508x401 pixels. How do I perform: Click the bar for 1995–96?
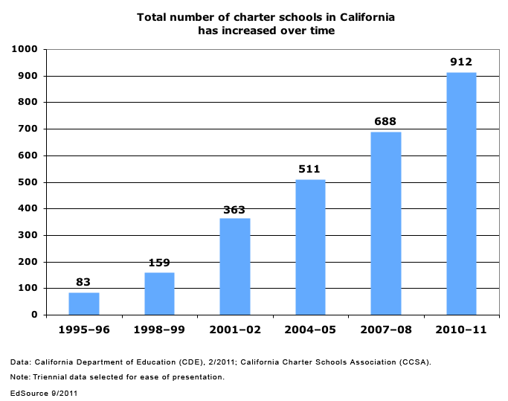click(x=84, y=304)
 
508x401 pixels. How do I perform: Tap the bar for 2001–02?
click(x=235, y=266)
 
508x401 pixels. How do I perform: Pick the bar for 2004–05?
click(x=310, y=247)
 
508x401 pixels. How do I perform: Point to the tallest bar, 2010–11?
click(x=461, y=193)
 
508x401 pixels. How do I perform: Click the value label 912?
click(x=461, y=62)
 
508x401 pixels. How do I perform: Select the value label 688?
click(x=385, y=121)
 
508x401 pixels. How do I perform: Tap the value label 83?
click(x=84, y=282)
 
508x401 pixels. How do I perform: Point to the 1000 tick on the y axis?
click(x=25, y=49)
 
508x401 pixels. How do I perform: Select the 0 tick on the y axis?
click(x=33, y=315)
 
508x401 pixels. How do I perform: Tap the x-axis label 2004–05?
click(x=310, y=330)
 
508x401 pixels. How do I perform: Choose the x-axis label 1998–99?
click(x=159, y=330)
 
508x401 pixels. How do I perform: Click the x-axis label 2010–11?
click(x=461, y=330)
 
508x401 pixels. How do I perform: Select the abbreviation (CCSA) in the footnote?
click(x=415, y=362)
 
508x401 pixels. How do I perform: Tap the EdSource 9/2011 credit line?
click(x=44, y=392)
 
